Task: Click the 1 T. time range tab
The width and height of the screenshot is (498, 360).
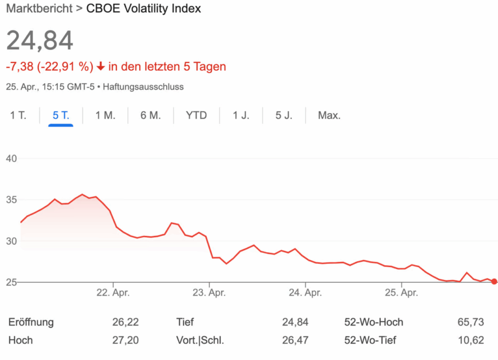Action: tap(18, 116)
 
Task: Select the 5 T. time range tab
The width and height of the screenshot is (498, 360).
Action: tap(61, 116)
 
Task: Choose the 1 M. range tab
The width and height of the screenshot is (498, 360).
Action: tap(105, 116)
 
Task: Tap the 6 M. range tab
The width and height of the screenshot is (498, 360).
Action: tap(150, 116)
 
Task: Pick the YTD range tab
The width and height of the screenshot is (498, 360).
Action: tap(196, 116)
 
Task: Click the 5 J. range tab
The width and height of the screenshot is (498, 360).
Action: tap(284, 116)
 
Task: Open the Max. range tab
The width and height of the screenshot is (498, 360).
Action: tap(329, 116)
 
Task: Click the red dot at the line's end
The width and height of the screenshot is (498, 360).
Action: tap(494, 281)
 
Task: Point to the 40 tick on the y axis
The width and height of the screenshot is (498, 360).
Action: tap(12, 159)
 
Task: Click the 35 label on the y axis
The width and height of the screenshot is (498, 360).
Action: tap(12, 200)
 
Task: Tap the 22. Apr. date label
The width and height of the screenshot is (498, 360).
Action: tap(113, 293)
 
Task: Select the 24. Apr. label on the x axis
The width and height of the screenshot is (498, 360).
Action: tap(305, 293)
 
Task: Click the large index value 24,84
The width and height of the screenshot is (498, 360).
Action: tap(40, 40)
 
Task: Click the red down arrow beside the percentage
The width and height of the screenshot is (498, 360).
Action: tap(101, 67)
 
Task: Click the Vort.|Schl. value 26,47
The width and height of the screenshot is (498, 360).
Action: tap(295, 340)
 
